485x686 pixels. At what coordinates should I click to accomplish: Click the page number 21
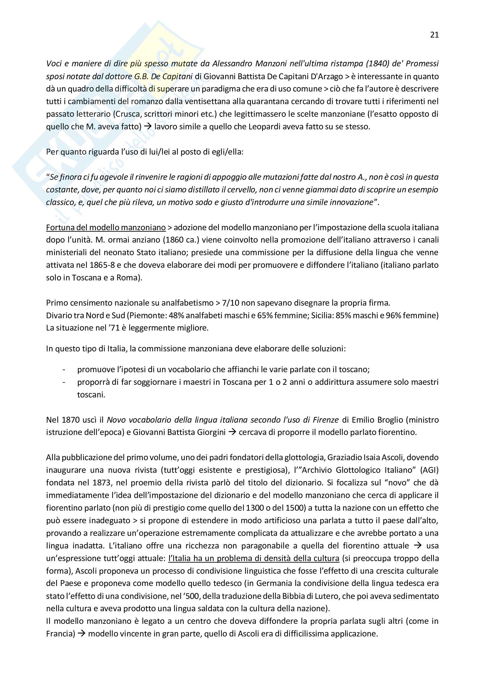coord(434,35)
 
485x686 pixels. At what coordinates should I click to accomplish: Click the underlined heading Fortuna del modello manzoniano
coord(106,228)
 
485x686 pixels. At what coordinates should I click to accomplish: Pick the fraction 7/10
coord(230,303)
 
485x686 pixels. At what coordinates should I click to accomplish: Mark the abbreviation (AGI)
coord(429,470)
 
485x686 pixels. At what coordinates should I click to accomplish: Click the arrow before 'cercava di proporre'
coord(232,432)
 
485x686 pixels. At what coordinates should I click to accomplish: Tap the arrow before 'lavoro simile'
coord(148,126)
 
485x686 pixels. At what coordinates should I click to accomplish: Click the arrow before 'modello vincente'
coord(81,634)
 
